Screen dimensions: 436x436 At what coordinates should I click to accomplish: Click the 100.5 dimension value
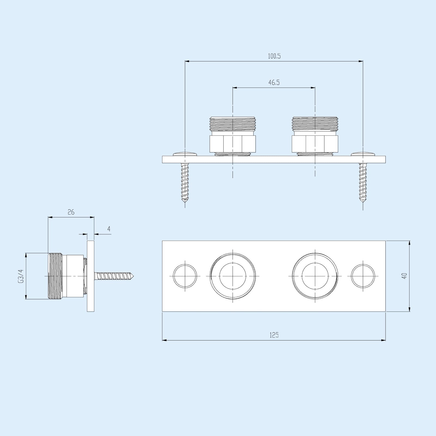tap(274, 56)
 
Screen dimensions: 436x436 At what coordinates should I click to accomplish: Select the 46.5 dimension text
tap(274, 83)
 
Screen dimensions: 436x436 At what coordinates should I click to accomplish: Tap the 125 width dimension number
tap(274, 335)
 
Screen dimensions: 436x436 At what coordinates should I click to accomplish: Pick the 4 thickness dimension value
tap(109, 229)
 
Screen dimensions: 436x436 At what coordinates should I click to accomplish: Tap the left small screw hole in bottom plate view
tap(185, 276)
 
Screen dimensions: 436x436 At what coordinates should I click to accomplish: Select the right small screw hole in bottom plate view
tap(363, 276)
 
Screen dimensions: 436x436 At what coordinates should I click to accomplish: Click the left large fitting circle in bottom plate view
tap(232, 276)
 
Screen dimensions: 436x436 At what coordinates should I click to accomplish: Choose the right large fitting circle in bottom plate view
tap(315, 276)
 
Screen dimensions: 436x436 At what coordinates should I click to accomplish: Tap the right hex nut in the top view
tap(315, 144)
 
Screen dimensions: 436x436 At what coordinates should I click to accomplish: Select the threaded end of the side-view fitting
tap(56, 276)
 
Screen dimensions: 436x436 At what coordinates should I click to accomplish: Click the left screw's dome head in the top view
tap(185, 154)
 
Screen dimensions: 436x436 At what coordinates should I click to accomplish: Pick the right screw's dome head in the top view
tap(363, 154)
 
